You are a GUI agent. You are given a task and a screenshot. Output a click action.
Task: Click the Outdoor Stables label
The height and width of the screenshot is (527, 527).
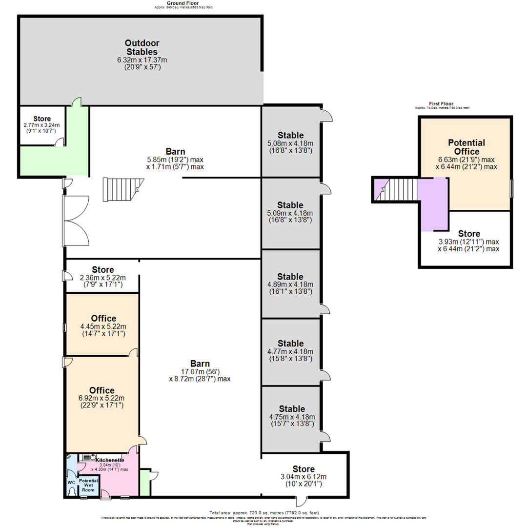[x=142, y=47]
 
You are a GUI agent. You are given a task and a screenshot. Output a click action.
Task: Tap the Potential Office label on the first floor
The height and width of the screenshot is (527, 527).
[x=466, y=147]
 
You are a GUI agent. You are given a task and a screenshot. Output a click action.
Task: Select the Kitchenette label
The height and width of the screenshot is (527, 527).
[x=109, y=460]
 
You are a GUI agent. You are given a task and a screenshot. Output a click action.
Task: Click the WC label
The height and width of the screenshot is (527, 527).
[x=71, y=482]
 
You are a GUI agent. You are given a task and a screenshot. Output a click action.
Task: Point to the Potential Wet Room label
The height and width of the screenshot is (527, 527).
[x=89, y=485]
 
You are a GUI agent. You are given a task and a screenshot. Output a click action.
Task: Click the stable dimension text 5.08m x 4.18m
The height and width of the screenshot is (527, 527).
[x=290, y=143]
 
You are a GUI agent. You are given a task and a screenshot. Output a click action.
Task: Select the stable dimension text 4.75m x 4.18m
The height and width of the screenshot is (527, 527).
[x=292, y=417]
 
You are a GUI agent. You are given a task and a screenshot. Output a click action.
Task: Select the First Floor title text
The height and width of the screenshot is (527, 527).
[x=441, y=103]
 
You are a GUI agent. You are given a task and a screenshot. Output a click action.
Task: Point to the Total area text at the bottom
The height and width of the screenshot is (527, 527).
[x=264, y=513]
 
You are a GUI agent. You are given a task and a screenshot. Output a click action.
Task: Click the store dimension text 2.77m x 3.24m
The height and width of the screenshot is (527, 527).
[x=41, y=125]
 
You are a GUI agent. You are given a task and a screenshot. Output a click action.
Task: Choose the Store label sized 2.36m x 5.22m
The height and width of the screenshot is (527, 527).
[x=103, y=269]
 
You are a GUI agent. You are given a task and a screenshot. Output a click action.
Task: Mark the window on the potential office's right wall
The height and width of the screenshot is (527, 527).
[x=511, y=188]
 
